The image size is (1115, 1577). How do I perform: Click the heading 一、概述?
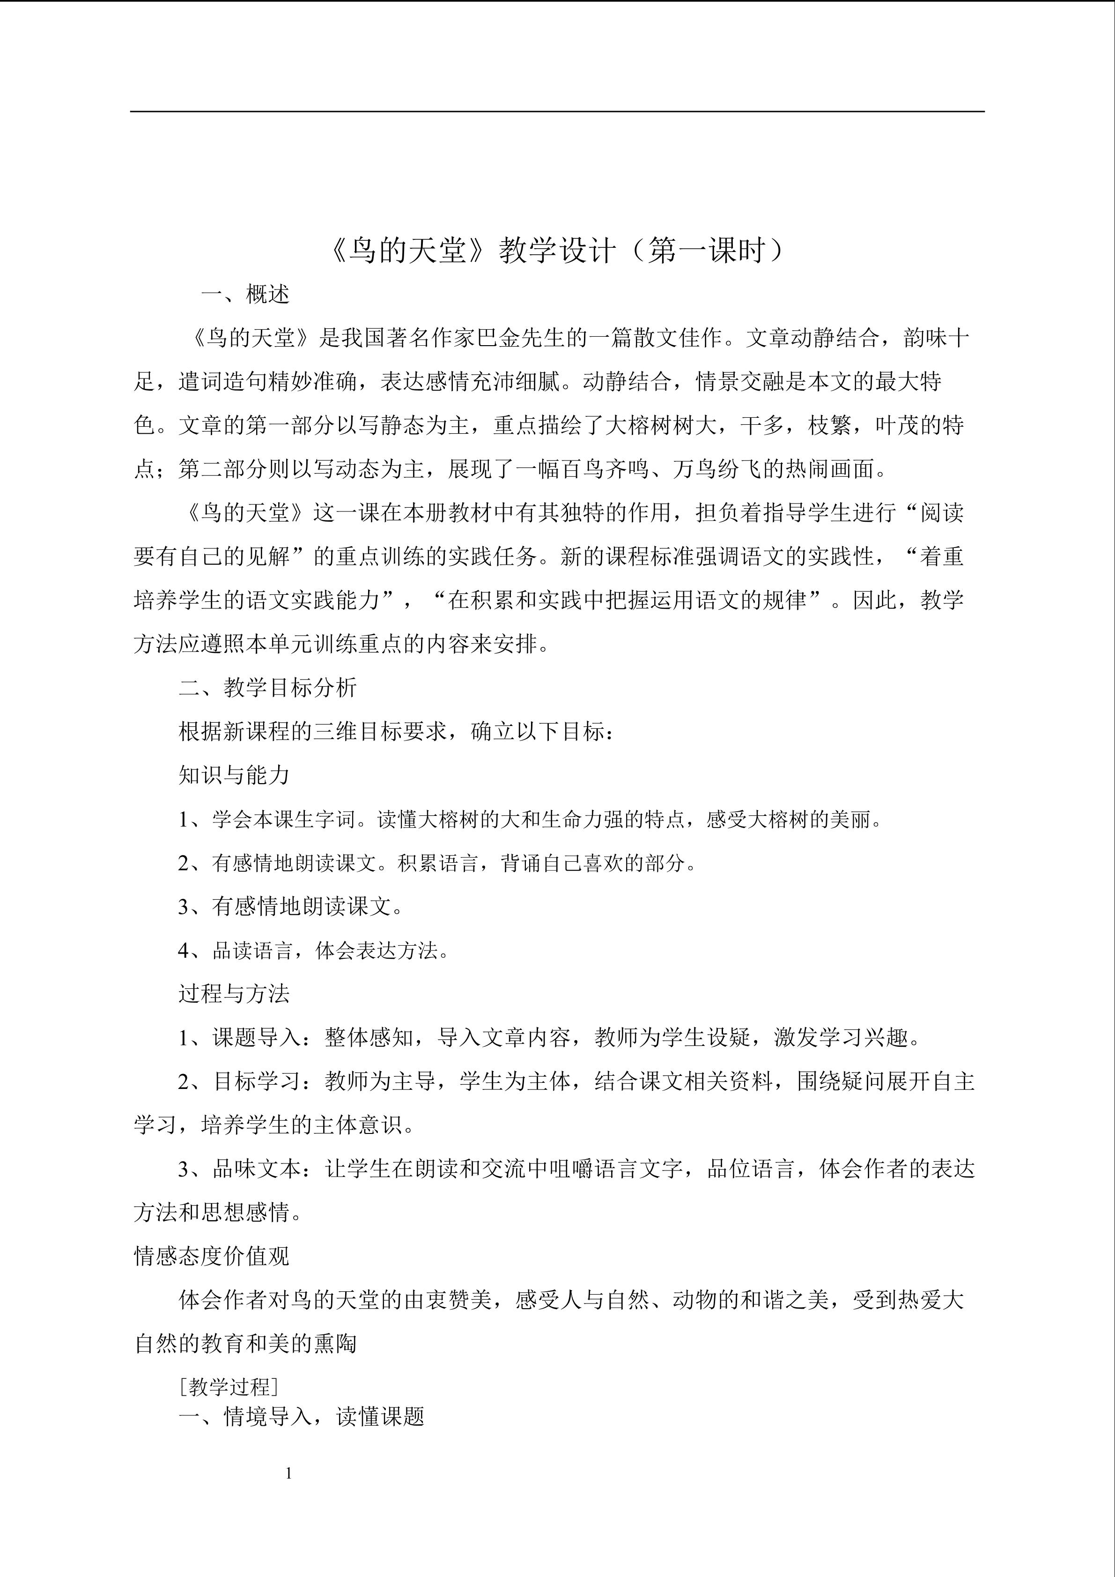[x=245, y=294]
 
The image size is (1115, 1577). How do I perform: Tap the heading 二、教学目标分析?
[x=268, y=688]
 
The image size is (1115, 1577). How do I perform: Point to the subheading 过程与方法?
[x=234, y=993]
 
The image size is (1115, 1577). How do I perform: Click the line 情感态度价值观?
[x=212, y=1256]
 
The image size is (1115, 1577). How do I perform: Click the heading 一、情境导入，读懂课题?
[x=302, y=1416]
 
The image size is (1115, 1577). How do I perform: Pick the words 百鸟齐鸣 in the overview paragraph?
[x=605, y=469]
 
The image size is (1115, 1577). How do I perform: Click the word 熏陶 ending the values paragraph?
[x=334, y=1343]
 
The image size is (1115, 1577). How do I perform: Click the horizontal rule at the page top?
[x=557, y=111]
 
